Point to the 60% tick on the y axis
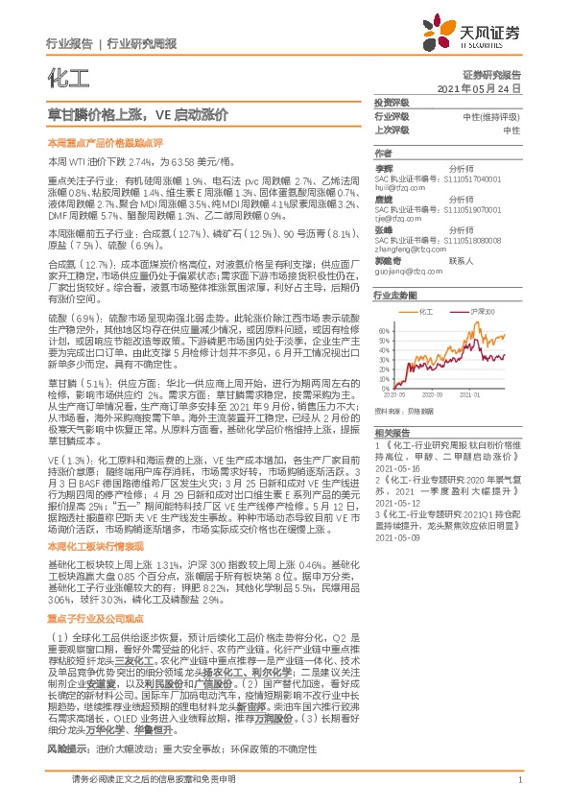point(383,328)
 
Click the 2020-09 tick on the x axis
point(436,392)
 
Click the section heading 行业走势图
point(396,296)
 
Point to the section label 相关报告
point(392,433)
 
